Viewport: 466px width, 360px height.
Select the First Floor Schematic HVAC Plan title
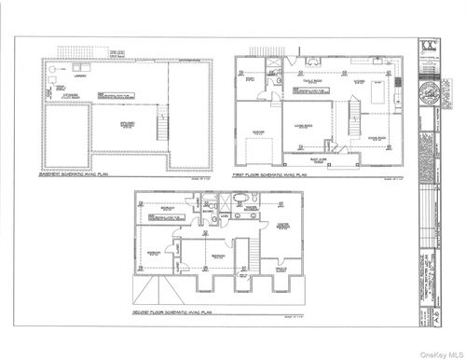tap(271, 174)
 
